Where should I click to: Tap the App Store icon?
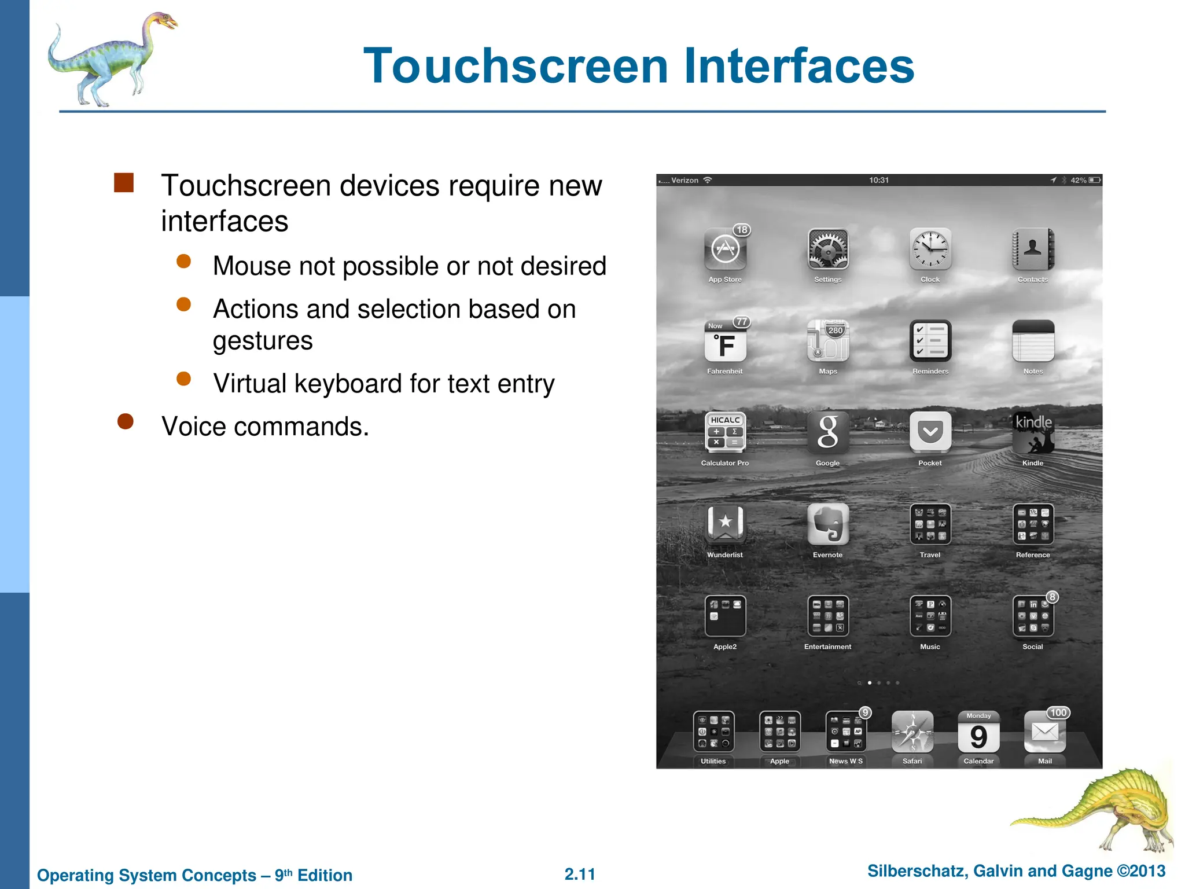coord(725,249)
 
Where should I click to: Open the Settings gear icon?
coord(828,249)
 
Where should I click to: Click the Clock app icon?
coord(930,249)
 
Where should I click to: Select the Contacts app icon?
coord(1033,249)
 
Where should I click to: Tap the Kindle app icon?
coord(1033,432)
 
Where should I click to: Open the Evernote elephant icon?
coord(828,524)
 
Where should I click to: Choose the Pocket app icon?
coord(930,432)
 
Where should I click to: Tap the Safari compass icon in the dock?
coord(912,732)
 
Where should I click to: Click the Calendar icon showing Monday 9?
coord(978,732)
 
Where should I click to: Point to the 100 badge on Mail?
coord(1058,713)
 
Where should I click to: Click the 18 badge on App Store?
coord(742,230)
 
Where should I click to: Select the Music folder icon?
coord(930,616)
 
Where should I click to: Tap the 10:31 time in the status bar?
coord(879,181)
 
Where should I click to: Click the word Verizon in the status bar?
coord(685,181)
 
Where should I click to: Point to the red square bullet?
coord(124,183)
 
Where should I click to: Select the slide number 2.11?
coord(580,874)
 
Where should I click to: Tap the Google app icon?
coord(828,432)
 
